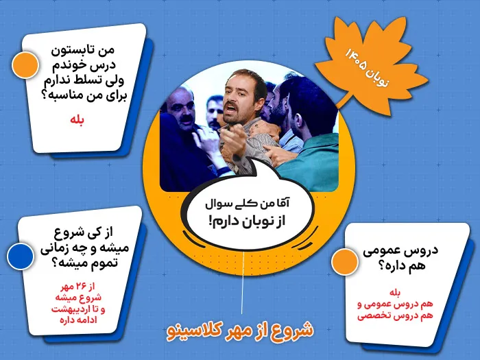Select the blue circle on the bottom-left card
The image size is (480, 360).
pyautogui.click(x=21, y=256)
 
